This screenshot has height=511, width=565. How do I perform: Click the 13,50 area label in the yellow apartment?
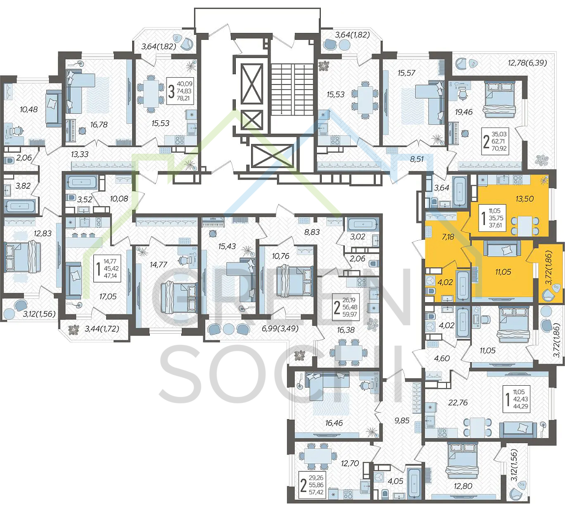(x=524, y=199)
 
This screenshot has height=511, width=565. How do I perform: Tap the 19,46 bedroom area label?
(x=463, y=112)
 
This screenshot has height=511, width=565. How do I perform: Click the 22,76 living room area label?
(x=457, y=402)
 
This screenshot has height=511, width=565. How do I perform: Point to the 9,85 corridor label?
(x=402, y=420)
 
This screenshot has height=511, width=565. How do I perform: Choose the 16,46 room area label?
(x=334, y=423)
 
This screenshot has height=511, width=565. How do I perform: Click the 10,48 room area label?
(x=28, y=109)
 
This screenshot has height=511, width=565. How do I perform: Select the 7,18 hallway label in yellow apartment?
(x=448, y=237)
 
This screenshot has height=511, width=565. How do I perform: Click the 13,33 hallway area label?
(x=80, y=154)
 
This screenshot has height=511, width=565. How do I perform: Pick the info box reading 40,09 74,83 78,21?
(x=180, y=91)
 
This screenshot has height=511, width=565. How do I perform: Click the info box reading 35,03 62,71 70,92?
(x=495, y=142)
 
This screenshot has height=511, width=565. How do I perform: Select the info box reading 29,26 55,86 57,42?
(x=312, y=484)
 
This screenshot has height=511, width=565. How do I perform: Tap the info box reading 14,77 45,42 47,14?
(x=108, y=268)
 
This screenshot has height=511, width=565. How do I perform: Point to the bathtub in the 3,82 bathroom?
(x=21, y=206)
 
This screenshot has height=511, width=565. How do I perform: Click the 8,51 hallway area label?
(x=417, y=159)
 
